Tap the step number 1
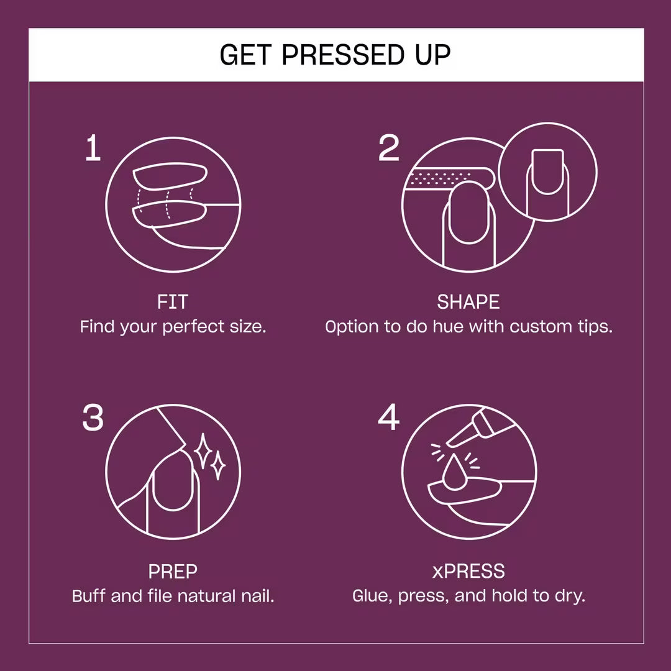(93, 150)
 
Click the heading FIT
(173, 303)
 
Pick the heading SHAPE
(468, 303)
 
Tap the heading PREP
(173, 572)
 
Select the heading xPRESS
(468, 572)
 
